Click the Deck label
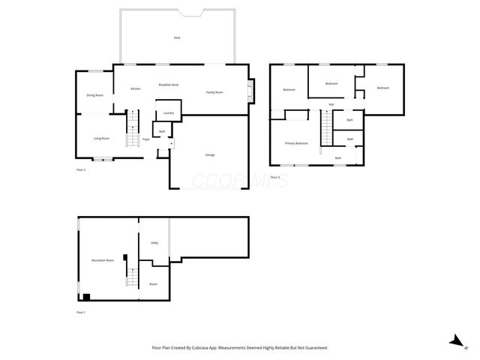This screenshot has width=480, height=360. (177, 37)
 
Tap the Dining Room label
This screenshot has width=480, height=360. (94, 95)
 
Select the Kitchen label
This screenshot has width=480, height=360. (136, 89)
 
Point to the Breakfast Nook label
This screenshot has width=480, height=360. (168, 85)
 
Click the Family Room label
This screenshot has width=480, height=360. (214, 92)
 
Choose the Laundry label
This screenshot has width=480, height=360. (168, 113)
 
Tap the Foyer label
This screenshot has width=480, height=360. (147, 139)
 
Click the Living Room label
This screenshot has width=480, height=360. (101, 138)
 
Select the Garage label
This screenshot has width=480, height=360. (210, 154)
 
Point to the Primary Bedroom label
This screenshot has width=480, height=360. (296, 142)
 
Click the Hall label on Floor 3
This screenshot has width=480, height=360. (330, 104)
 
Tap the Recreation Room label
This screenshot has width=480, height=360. (103, 260)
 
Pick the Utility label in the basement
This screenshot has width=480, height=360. (154, 243)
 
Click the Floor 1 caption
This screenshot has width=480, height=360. (81, 312)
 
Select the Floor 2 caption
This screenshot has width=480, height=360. (81, 170)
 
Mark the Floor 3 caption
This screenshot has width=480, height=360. (274, 177)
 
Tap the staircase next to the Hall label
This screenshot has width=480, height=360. (326, 128)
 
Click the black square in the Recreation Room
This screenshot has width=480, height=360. (86, 296)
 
